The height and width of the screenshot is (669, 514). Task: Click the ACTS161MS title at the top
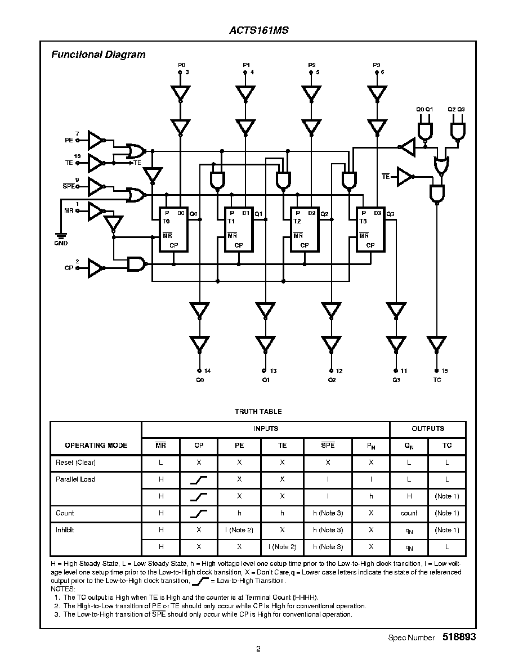[x=259, y=30]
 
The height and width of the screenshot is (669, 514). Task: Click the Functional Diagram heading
[x=98, y=55]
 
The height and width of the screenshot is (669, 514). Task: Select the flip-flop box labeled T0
[x=173, y=230]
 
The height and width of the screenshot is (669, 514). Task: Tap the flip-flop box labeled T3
[x=370, y=230]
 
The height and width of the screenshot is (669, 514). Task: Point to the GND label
[x=61, y=243]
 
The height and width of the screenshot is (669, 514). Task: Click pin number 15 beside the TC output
[x=445, y=371]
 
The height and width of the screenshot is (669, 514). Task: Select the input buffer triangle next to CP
[x=96, y=268]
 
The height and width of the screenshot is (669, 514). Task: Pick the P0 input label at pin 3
[x=181, y=65]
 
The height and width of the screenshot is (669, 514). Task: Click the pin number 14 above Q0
[x=207, y=371]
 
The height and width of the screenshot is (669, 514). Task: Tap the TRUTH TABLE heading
[x=258, y=412]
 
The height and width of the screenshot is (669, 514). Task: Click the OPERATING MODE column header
[x=96, y=446]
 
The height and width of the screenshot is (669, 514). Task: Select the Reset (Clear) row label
[x=75, y=463]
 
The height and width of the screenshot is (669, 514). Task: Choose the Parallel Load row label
[x=75, y=479]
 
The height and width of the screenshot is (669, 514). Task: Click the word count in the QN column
[x=409, y=513]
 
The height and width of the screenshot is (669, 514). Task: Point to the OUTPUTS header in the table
[x=428, y=429]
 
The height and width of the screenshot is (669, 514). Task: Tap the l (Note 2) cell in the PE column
[x=239, y=530]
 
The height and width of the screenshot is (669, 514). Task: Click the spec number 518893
[x=459, y=637]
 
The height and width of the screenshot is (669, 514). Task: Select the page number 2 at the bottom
[x=258, y=649]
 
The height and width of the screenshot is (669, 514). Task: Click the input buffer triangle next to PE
[x=96, y=140]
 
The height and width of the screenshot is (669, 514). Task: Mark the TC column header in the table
[x=447, y=446]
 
